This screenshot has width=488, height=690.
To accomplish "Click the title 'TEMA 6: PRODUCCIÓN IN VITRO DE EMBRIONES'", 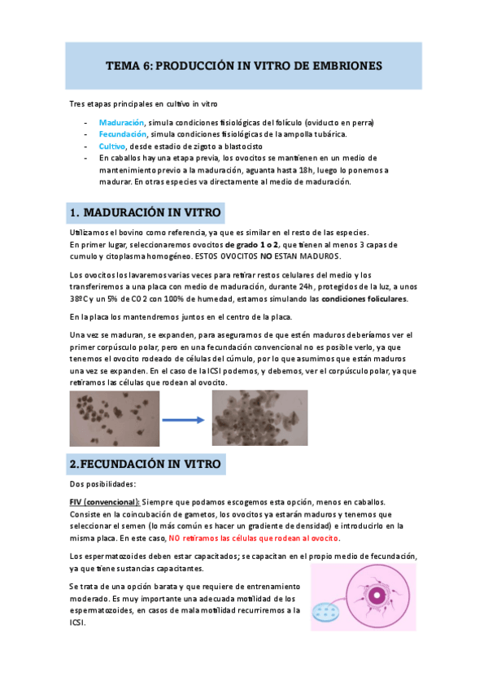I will click(244, 65).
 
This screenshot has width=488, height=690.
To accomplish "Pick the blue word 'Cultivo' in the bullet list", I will click(113, 146).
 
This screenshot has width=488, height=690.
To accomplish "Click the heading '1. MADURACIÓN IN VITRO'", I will click(146, 213).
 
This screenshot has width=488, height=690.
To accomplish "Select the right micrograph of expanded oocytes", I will click(259, 417).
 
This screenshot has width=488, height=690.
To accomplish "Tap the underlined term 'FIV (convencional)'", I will click(105, 502).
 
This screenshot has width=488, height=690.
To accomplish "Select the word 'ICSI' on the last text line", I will click(78, 622).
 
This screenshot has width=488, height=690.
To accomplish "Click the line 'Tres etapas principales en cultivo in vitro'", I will click(143, 104).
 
